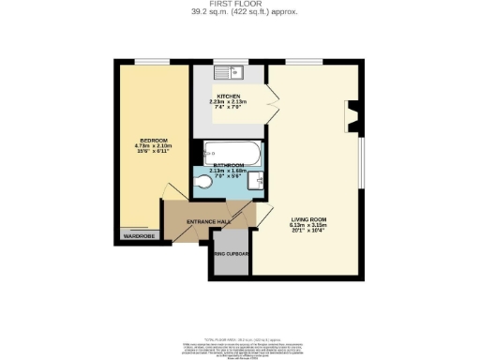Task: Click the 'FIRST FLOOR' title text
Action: coord(239,5)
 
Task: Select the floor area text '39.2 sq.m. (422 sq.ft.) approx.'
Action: coord(239,13)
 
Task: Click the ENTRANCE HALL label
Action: coord(208,221)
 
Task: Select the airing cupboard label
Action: coord(232,253)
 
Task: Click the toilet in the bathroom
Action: coord(205,182)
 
